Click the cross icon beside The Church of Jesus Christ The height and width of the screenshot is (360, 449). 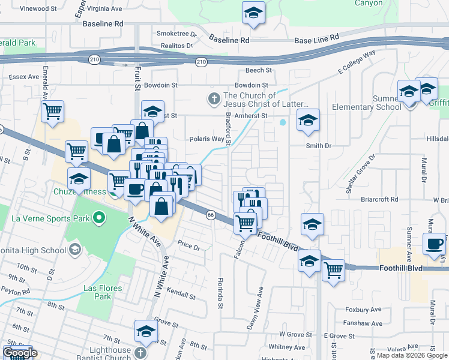212,98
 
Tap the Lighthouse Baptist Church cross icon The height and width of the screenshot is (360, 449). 140,353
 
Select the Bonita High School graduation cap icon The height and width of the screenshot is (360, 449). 74,249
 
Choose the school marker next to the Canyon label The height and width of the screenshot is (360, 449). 253,12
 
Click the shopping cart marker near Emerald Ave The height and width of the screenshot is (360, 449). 53,110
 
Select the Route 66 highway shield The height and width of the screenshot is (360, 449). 211,215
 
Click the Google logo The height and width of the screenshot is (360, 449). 19,353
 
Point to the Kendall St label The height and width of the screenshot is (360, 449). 183,296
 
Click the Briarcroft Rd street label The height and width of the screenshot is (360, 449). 379,199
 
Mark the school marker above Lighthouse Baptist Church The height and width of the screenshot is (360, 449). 145,331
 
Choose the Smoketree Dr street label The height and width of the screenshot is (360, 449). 173,34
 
